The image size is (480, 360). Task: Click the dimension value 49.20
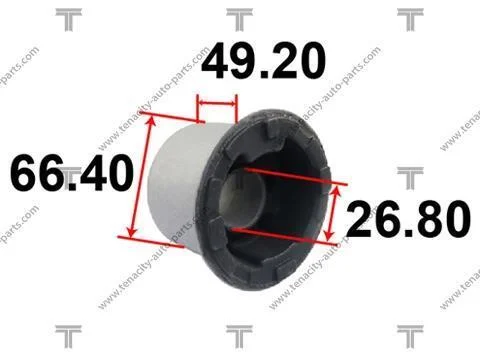[x=263, y=62]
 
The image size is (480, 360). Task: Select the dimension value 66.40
[x=72, y=173]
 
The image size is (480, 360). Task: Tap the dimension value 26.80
[x=409, y=219]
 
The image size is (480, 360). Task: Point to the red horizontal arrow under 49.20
[x=217, y=103]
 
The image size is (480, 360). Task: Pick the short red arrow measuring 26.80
[x=333, y=213]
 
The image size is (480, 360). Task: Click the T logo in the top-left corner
[x=69, y=20]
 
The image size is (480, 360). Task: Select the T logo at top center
[x=239, y=20]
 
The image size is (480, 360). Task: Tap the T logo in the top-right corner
[x=410, y=20]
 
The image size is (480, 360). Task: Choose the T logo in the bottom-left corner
[x=69, y=336]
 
